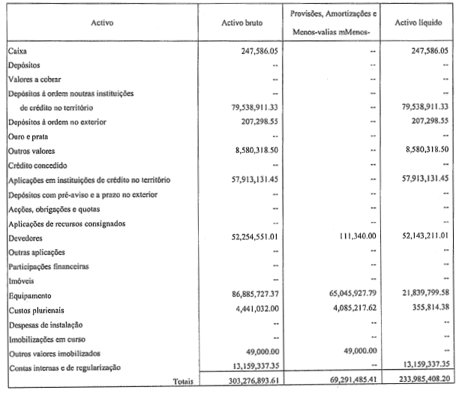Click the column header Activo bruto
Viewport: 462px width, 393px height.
242,22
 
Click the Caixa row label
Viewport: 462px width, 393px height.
18,51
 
